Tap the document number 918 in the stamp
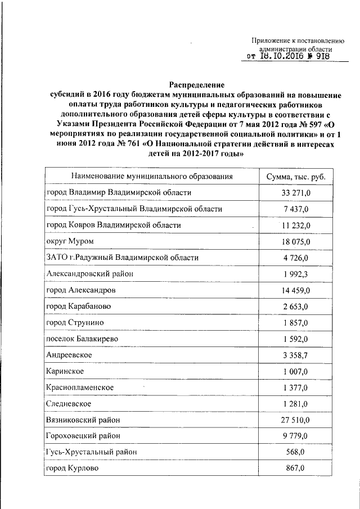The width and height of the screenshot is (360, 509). (x=322, y=56)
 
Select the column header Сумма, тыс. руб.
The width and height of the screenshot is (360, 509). (x=296, y=177)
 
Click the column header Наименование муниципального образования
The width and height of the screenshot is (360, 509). (x=152, y=177)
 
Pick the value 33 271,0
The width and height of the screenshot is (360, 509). (x=296, y=193)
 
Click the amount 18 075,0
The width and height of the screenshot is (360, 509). (x=296, y=241)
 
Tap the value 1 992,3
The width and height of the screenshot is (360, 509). (x=296, y=274)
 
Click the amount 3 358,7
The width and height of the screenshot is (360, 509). (x=296, y=355)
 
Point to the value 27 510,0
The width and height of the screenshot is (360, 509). (x=296, y=420)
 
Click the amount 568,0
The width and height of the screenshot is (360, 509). (x=296, y=452)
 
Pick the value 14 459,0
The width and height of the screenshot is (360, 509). (x=296, y=290)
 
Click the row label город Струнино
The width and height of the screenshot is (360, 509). (x=75, y=323)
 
